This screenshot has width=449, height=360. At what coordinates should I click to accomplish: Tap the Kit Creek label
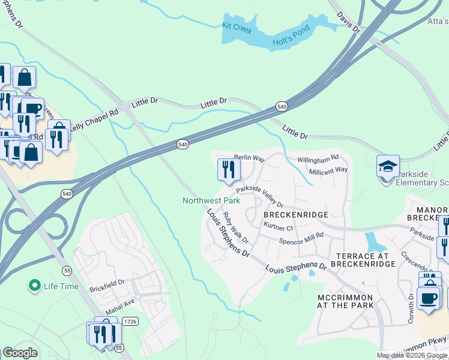(237, 26)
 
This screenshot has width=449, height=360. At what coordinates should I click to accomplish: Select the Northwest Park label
(211, 200)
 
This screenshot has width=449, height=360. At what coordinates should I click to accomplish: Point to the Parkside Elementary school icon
(388, 166)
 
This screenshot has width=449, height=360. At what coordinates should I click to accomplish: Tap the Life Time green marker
(35, 286)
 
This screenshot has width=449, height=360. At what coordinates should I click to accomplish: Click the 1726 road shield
(130, 322)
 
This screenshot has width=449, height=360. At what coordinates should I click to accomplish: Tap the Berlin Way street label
(249, 158)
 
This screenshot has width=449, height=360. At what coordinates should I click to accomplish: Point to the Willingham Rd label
(318, 160)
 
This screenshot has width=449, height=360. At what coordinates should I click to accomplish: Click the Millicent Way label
(328, 170)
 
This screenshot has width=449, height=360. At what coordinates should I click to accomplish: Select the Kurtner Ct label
(278, 227)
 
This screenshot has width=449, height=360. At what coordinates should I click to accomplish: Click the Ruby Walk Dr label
(235, 227)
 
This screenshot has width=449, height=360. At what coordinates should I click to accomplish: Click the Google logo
(20, 353)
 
